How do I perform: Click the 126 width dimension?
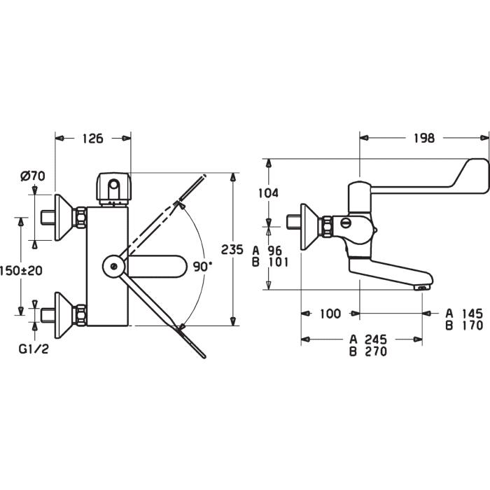(93, 138)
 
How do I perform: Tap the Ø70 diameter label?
(33, 176)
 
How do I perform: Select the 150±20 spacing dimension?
(21, 270)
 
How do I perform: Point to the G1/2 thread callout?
(34, 349)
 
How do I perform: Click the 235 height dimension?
(232, 249)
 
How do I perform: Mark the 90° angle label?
(202, 267)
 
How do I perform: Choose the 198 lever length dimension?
(424, 138)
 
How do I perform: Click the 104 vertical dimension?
(268, 192)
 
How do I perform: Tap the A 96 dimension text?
(267, 251)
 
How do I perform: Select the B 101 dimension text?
(270, 262)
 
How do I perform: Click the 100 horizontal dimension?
(330, 313)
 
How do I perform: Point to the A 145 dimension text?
(464, 313)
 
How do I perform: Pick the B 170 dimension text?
(464, 325)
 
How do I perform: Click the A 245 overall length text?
(368, 339)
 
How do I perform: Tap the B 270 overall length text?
(368, 351)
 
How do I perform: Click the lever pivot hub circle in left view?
(114, 266)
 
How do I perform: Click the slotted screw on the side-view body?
(346, 223)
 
